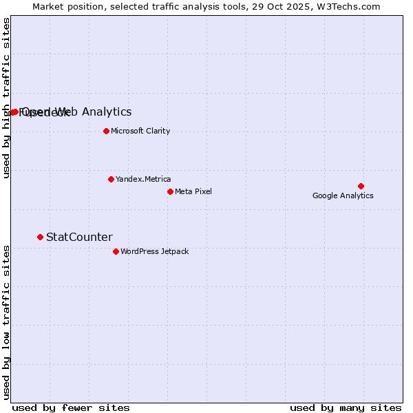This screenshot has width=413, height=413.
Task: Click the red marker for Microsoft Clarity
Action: [x=106, y=131]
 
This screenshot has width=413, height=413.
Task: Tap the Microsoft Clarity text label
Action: [x=140, y=131]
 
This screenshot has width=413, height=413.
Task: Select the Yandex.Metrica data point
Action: [x=111, y=179]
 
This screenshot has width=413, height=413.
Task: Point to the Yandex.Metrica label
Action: [x=143, y=179]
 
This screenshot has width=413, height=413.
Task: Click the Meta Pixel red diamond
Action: [x=170, y=191]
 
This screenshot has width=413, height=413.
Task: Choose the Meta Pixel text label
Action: [x=193, y=191]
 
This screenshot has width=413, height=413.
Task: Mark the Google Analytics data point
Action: [x=361, y=186]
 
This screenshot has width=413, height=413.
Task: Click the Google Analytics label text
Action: [x=343, y=195]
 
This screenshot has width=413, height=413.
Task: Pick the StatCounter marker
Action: [x=40, y=237]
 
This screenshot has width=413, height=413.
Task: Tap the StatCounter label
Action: [x=79, y=237]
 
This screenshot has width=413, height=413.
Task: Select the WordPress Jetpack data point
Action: [x=116, y=251]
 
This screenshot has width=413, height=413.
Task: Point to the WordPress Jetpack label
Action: [x=154, y=251]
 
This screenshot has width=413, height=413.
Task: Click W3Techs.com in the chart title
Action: [x=348, y=7]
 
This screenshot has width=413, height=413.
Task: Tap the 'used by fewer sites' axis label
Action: [x=71, y=407]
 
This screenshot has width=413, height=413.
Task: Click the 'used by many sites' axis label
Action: [x=346, y=407]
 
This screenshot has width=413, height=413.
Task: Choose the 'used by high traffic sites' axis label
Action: [x=6, y=98]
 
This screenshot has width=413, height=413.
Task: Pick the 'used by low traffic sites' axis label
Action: [x=6, y=321]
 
